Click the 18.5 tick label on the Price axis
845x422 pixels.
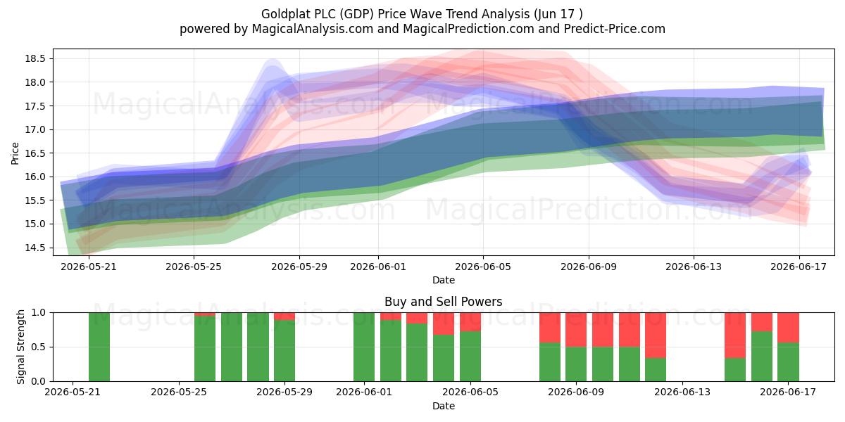35,59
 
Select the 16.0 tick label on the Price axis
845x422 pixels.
35,177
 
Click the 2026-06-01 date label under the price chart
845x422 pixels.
378,267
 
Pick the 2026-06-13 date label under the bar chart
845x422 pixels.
682,392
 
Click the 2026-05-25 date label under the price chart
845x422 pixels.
194,267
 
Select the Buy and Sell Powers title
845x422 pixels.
443,302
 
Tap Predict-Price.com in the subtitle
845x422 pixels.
615,29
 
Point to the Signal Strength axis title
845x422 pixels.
20,347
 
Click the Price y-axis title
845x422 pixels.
15,153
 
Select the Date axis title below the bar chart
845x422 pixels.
443,406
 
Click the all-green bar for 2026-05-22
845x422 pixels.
99,347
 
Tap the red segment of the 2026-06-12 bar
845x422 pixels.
656,335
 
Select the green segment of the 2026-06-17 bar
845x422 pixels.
788,362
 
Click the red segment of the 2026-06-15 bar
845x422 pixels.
735,335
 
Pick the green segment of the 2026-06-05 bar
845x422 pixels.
470,356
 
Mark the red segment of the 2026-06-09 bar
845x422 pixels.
576,330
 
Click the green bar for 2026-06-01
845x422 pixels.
364,347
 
